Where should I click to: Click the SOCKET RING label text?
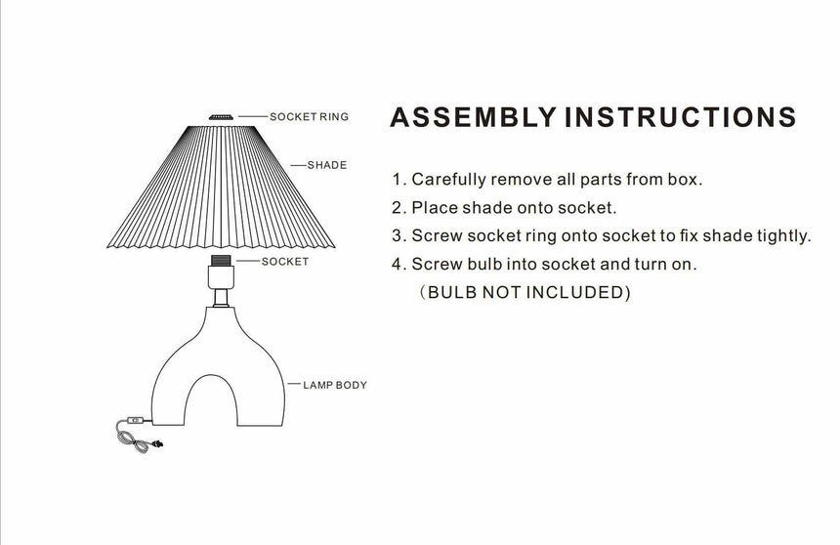309,117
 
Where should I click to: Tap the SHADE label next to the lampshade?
326,165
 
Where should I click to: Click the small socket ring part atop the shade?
221,117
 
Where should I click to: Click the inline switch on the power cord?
136,423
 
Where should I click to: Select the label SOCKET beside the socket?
285,262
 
